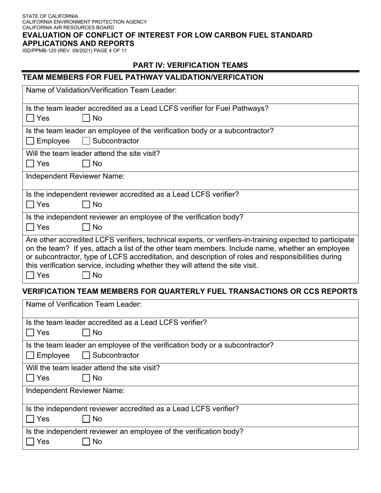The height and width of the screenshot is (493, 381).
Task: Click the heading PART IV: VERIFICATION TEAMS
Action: click(x=190, y=65)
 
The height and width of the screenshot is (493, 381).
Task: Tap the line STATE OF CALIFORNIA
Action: click(x=50, y=16)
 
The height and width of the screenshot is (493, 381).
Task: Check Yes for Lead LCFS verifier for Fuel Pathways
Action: click(x=30, y=118)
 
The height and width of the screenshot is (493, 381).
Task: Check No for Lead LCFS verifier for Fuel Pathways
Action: click(x=86, y=118)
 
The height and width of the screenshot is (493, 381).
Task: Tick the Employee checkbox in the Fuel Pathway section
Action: click(x=30, y=141)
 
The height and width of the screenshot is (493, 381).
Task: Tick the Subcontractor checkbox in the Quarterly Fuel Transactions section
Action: click(x=86, y=356)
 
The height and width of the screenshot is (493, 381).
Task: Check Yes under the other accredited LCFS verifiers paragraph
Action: click(x=30, y=275)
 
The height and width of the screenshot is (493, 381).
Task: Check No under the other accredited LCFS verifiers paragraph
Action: click(x=86, y=275)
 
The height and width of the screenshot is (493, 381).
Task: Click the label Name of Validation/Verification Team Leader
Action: click(x=101, y=90)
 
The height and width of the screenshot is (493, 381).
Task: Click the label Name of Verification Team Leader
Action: click(x=84, y=305)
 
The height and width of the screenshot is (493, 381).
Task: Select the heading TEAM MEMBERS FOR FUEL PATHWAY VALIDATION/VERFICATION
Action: click(x=143, y=77)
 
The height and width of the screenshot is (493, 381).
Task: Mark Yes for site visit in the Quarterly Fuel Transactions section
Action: click(x=30, y=378)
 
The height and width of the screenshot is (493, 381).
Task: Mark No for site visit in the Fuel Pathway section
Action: click(x=86, y=164)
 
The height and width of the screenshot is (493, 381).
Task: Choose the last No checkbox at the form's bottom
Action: click(x=86, y=442)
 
